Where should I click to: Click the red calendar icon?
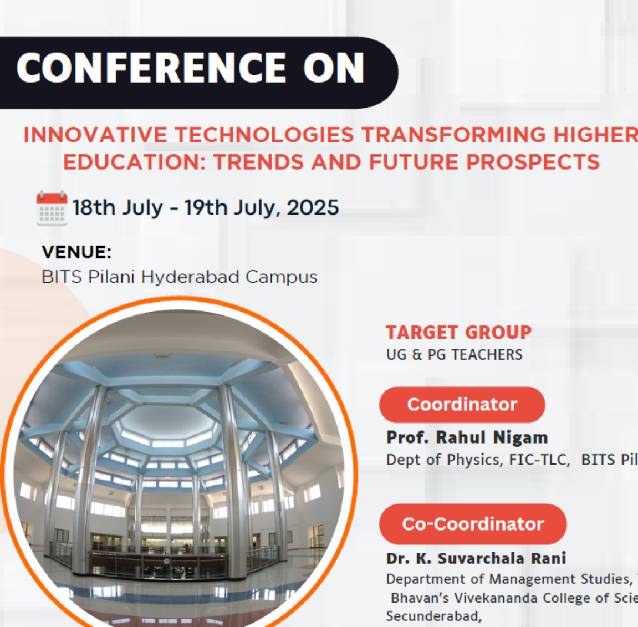click(52, 208)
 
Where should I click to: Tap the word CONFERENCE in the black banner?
click(151, 68)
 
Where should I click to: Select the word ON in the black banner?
click(334, 68)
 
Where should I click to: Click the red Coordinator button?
click(462, 405)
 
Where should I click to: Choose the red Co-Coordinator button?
click(473, 524)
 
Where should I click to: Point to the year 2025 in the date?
click(313, 207)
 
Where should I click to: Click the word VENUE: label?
click(76, 252)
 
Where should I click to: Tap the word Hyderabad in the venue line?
click(191, 277)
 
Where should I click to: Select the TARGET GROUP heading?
click(458, 333)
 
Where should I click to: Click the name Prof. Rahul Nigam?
click(467, 437)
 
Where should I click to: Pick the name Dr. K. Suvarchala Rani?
click(476, 558)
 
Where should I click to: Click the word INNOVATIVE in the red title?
click(95, 135)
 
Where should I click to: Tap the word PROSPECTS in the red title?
click(533, 162)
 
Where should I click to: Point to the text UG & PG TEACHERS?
click(454, 355)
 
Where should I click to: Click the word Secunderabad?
click(434, 616)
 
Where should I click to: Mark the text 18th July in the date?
click(118, 207)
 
